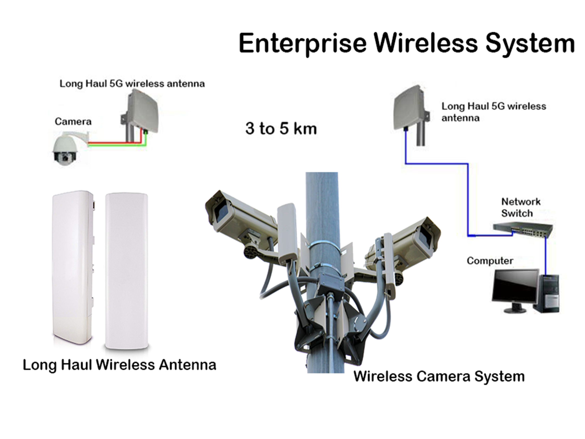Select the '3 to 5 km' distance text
pos(281,129)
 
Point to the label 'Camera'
pos(73,121)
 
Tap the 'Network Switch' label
pos(520,207)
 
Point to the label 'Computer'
pos(490,261)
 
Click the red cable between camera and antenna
pos(114,143)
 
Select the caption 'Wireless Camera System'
pos(439,376)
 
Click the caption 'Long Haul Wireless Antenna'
pos(120,365)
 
